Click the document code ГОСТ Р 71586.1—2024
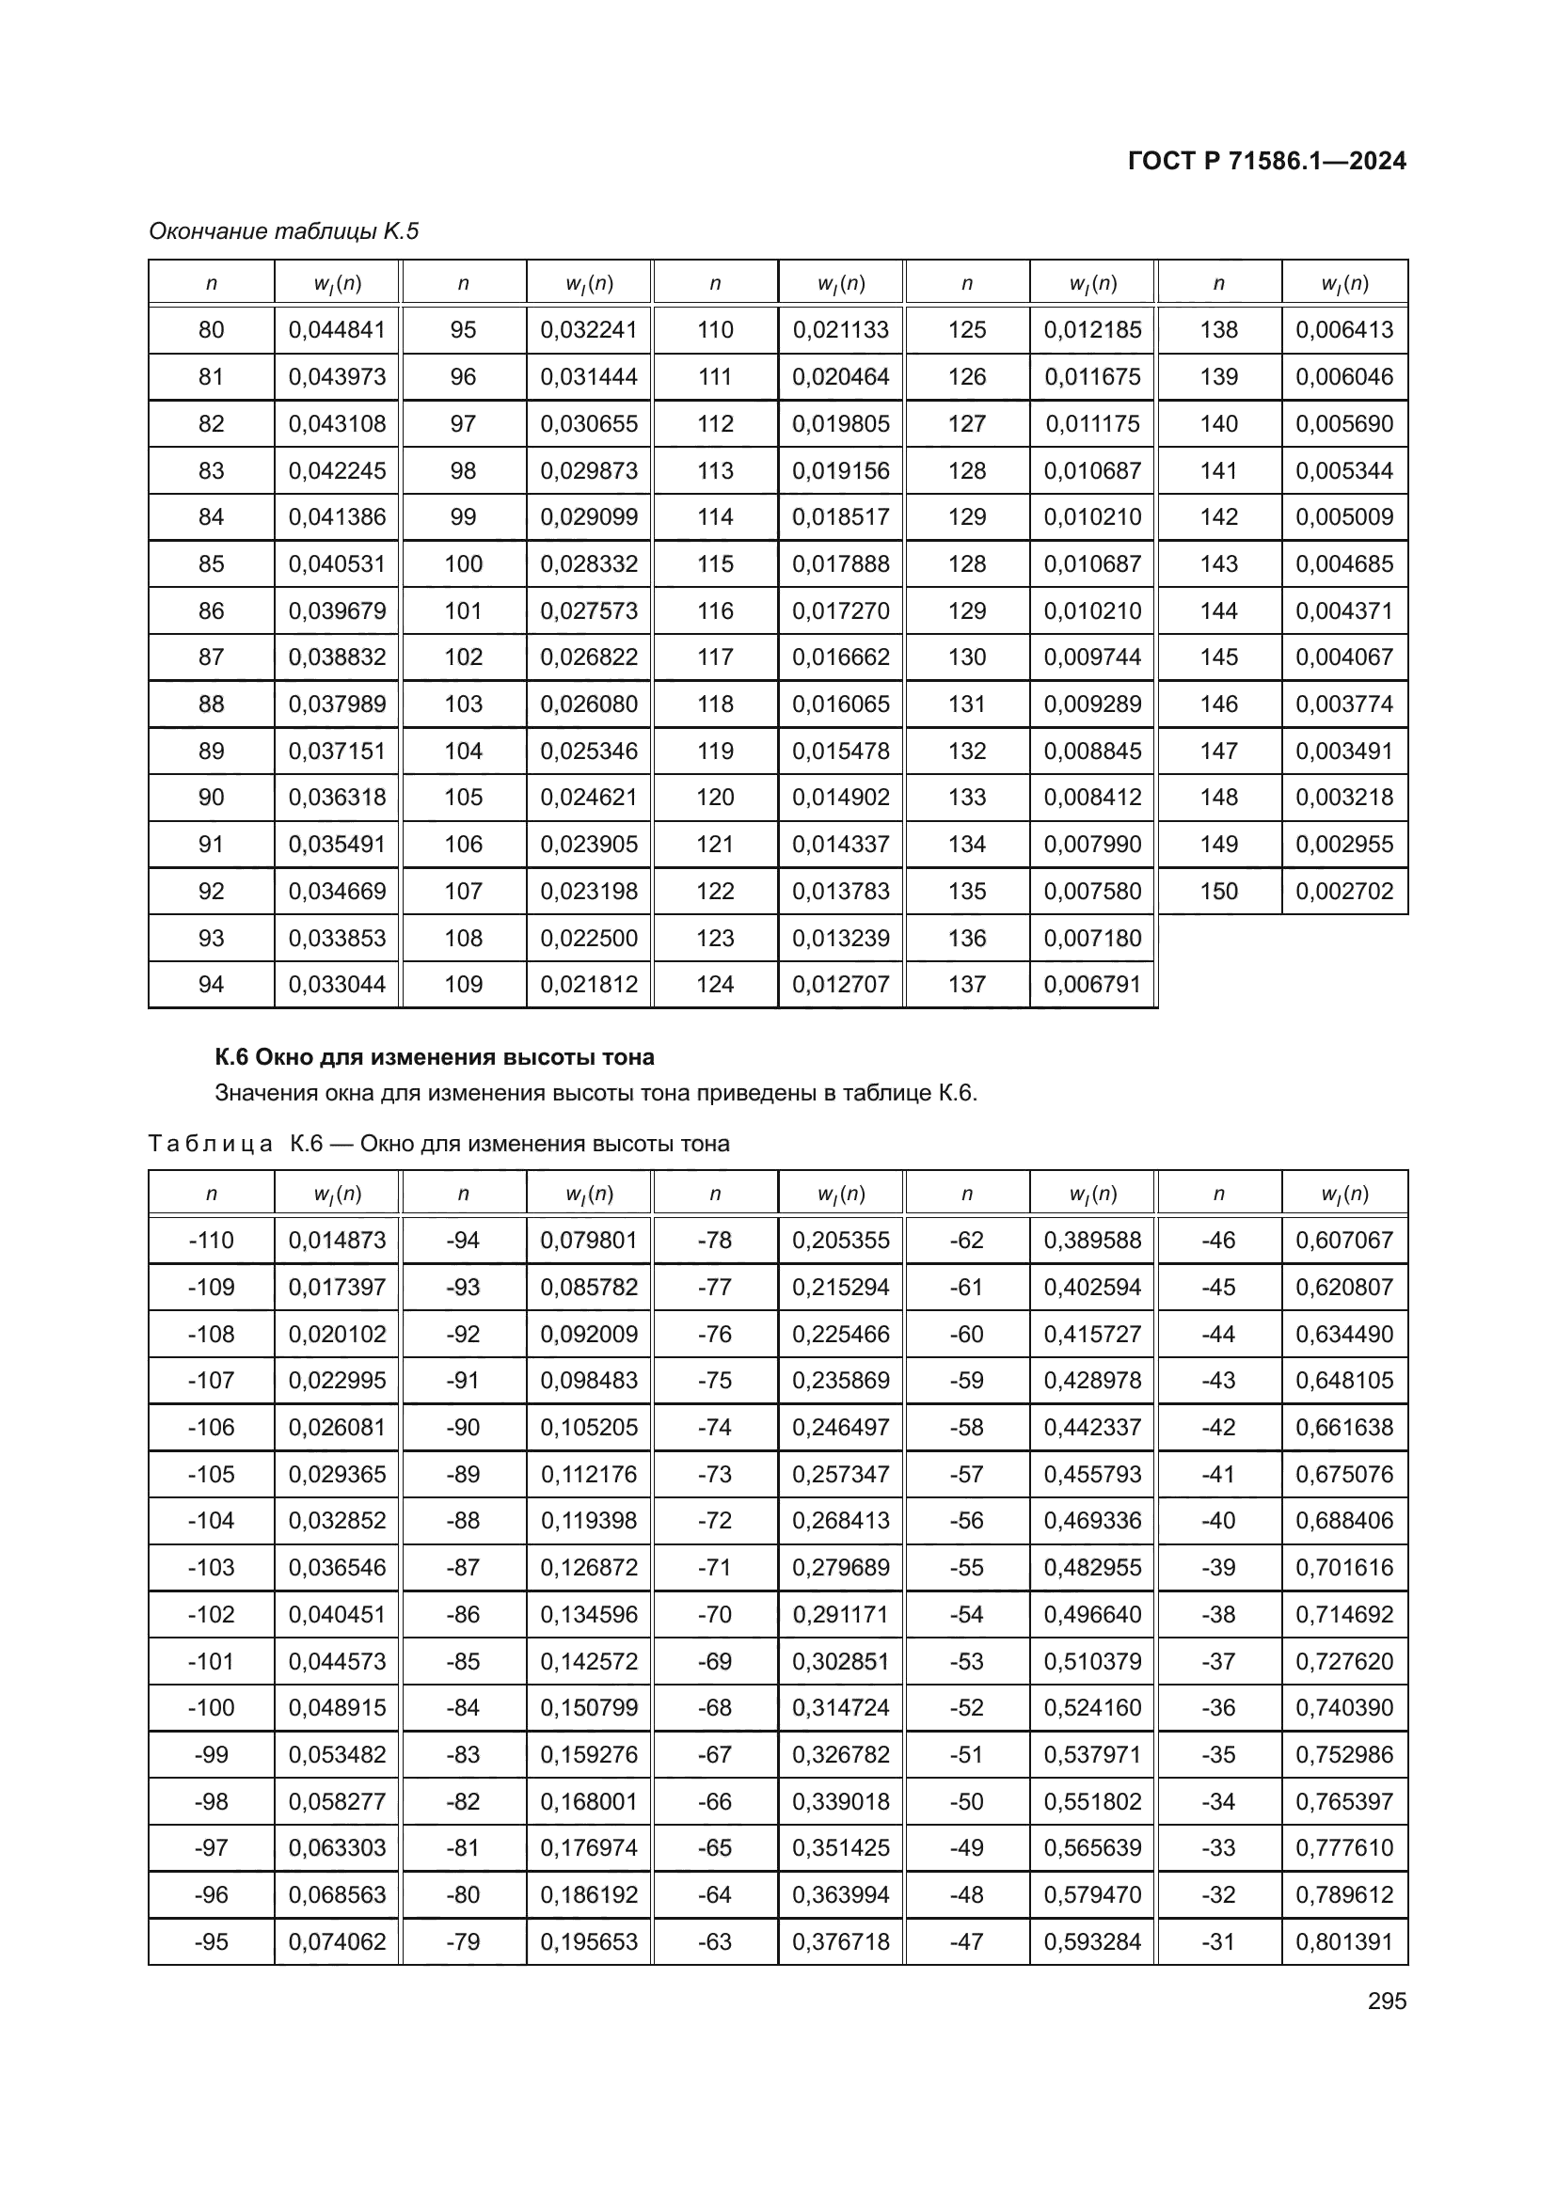click(1265, 161)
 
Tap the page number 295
click(1387, 2001)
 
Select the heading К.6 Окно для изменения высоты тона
click(434, 1057)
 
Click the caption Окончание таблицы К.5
click(283, 231)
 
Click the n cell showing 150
click(1217, 891)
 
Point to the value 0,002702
click(1343, 891)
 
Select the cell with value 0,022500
click(588, 938)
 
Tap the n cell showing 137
click(966, 984)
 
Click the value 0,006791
click(1092, 984)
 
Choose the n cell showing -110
click(211, 1240)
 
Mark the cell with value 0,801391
click(1343, 1941)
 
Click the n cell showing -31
click(1217, 1941)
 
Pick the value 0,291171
click(840, 1615)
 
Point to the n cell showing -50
click(966, 1801)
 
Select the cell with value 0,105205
click(588, 1427)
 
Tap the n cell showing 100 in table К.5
click(463, 563)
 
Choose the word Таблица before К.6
click(211, 1144)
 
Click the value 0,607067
click(1343, 1240)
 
